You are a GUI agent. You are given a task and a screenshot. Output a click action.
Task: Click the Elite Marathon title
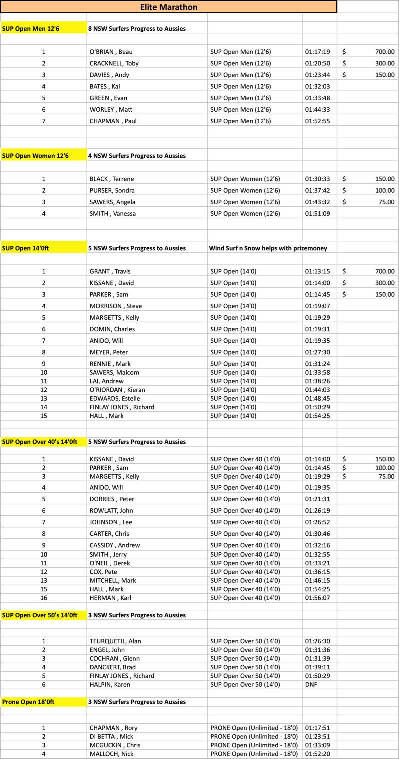pos(168,7)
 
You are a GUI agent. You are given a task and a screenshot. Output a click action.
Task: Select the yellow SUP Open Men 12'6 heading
pos(31,28)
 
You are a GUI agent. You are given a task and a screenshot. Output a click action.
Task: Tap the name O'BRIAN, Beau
pos(111,52)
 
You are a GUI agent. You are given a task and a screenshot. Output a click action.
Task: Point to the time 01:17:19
pos(317,52)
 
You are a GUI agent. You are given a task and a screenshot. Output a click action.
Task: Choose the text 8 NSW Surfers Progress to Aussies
pos(137,28)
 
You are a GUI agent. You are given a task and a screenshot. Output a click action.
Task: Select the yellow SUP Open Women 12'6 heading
pos(35,156)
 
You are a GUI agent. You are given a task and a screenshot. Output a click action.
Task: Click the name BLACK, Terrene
pos(112,179)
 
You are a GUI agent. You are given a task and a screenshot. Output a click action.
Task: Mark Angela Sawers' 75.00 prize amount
pos(386,202)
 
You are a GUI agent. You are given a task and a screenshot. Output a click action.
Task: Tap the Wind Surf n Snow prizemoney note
pos(268,248)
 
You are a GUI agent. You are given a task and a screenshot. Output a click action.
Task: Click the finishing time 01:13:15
pos(317,271)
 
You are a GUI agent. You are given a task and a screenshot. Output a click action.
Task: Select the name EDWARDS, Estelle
pos(115,398)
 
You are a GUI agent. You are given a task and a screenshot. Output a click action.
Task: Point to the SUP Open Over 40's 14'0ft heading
pos(40,442)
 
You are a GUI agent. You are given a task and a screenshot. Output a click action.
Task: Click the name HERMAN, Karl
pos(110,598)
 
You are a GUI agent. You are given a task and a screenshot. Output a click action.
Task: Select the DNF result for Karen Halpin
pos(311,684)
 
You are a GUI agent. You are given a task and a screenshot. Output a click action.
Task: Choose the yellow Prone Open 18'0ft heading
pos(28,702)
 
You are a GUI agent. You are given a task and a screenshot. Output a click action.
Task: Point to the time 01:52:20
pos(317,754)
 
